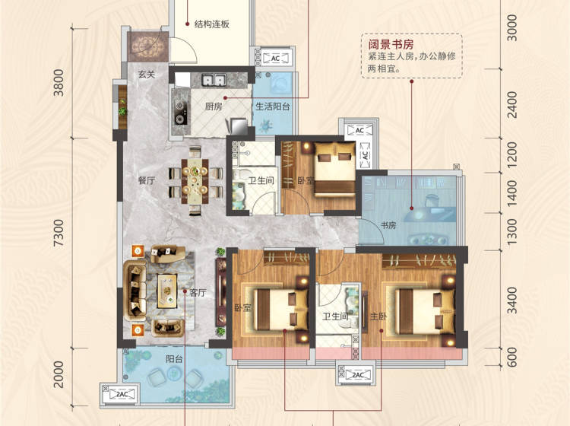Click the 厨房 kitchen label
click(x=214, y=106)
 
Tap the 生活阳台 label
click(x=273, y=106)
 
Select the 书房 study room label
click(x=388, y=225)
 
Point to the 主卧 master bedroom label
click(x=378, y=316)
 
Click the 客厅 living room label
click(x=198, y=293)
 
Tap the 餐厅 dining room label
click(x=147, y=180)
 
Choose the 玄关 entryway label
click(x=147, y=75)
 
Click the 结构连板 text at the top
click(x=212, y=24)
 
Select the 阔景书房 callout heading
click(x=391, y=45)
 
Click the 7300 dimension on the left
click(x=59, y=233)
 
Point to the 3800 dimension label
click(x=59, y=83)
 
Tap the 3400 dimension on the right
click(x=511, y=300)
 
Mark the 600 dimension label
click(x=511, y=358)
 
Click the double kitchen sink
click(x=214, y=80)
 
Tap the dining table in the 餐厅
click(x=195, y=181)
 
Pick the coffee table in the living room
click(x=167, y=291)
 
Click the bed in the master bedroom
click(x=424, y=311)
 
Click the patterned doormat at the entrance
click(x=148, y=46)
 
